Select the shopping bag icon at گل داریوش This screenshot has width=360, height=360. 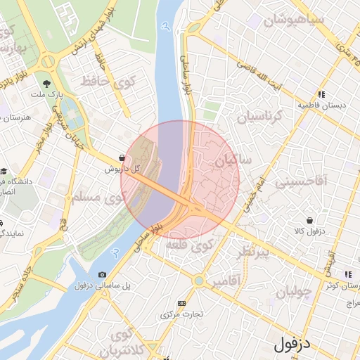coord(123,158)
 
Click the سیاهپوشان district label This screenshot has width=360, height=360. coord(294,20)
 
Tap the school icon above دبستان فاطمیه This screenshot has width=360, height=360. coord(321,94)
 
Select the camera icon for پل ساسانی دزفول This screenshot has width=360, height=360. coord(103,274)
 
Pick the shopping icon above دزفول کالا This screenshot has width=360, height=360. coord(310,220)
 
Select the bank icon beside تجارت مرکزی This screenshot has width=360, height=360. coord(182,303)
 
